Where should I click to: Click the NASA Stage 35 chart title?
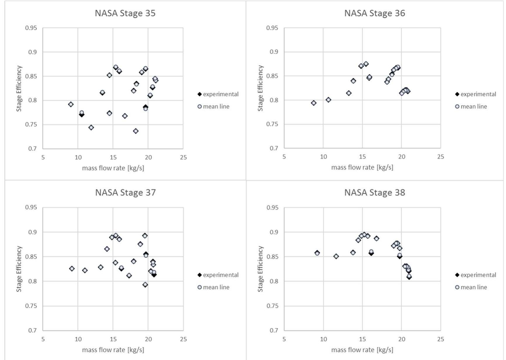click(x=125, y=13)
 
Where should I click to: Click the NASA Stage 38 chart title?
click(x=374, y=192)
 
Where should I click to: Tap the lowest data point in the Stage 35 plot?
click(x=136, y=131)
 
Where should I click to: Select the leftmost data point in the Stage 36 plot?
click(x=314, y=103)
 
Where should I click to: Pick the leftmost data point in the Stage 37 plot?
click(x=72, y=268)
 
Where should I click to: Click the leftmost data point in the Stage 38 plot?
click(x=317, y=253)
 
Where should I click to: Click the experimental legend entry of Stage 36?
click(x=475, y=94)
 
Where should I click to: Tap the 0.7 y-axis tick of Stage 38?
click(x=274, y=330)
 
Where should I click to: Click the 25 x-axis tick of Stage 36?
click(x=440, y=157)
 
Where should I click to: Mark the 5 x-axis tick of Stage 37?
click(x=43, y=339)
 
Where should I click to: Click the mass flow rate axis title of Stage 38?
click(x=362, y=350)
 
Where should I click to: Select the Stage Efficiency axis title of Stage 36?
click(x=260, y=88)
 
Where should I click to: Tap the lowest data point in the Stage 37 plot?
click(x=145, y=285)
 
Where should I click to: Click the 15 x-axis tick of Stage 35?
click(x=113, y=157)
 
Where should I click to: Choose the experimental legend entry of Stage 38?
click(x=475, y=275)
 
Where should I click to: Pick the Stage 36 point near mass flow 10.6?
click(x=328, y=100)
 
